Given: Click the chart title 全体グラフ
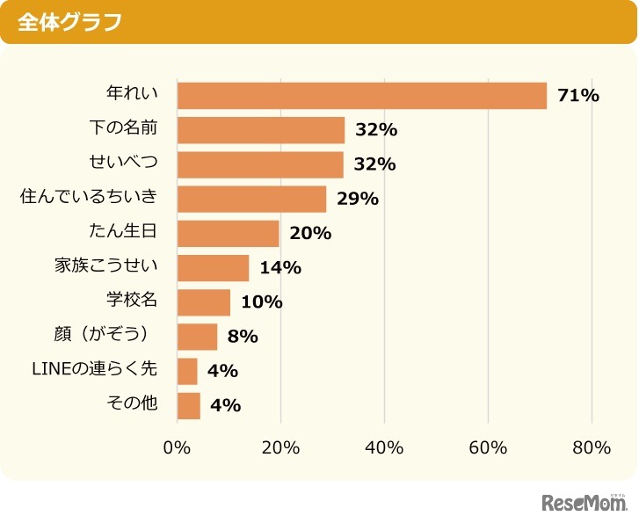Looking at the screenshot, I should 69,22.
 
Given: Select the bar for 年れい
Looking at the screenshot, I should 361,96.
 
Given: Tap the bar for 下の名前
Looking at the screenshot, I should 260,130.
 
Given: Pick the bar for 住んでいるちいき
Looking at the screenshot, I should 251,199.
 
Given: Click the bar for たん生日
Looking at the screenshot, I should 228,233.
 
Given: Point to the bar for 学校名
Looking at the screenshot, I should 203,302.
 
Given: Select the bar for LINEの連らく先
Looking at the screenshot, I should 187,371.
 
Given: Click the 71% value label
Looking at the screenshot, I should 577,96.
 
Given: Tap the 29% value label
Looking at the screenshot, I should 357,199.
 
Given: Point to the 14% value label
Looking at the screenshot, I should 280,268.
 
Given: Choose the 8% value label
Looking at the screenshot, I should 242,337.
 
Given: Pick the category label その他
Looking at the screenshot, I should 132,405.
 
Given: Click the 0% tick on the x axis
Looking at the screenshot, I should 178,447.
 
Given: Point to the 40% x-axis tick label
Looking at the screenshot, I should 384,447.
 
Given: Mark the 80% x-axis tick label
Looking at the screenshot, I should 591,447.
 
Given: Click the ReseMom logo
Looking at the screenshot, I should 584,504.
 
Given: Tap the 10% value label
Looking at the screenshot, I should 261,302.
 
